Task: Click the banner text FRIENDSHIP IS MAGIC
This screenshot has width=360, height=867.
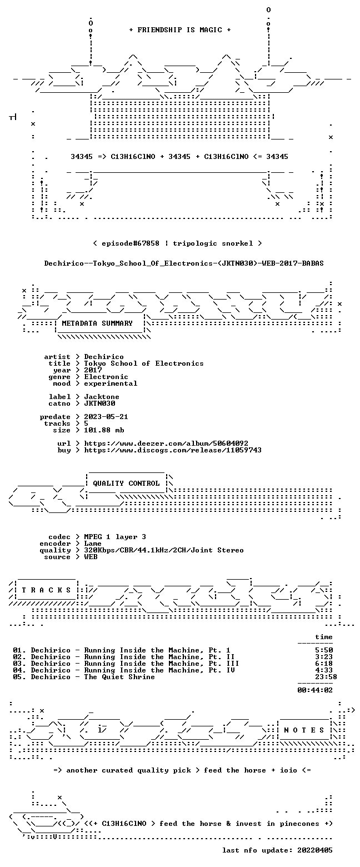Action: coord(180,30)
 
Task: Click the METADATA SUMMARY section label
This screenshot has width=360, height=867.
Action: coord(97,323)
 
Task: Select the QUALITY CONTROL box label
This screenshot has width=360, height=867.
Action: coord(126,484)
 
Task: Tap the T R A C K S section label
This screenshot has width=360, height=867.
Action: coord(47,590)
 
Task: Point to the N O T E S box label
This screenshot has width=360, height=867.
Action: coord(304,730)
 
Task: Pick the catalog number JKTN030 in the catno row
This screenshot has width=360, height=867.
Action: coord(99,403)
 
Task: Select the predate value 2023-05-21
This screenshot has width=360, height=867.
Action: coord(106,417)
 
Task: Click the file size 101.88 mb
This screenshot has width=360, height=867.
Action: coord(104,430)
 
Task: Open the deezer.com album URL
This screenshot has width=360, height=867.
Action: coord(166,444)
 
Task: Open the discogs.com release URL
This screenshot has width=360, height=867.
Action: coord(173,450)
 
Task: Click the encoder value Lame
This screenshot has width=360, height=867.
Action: coord(93,544)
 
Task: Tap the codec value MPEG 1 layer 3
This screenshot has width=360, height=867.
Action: coord(115,537)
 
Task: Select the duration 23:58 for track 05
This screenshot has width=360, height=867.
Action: coord(326,677)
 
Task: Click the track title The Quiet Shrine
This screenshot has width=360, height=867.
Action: coord(119,677)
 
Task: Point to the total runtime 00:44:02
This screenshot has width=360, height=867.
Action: coord(315,690)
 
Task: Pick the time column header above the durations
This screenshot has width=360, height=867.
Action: coord(324,637)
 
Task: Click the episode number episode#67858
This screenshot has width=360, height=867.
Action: coord(131,243)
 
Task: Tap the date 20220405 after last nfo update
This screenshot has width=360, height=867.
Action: coord(315,850)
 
